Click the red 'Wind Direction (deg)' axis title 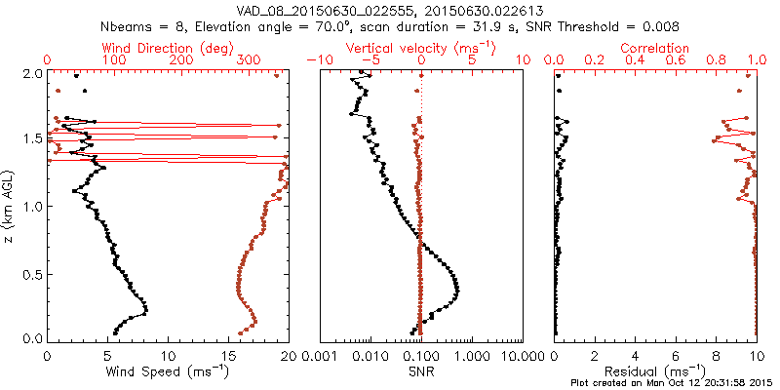[168, 47]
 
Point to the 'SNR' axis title [421, 371]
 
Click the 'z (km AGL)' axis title [10, 206]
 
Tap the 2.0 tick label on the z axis [31, 73]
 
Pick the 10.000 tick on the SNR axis [523, 354]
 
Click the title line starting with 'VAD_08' [390, 9]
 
